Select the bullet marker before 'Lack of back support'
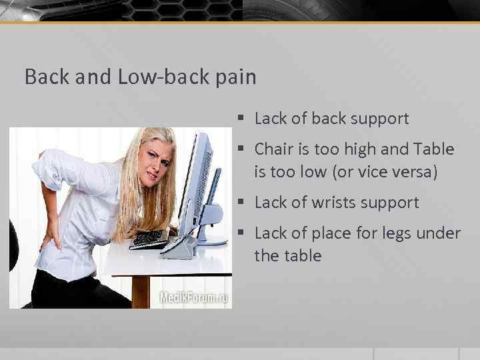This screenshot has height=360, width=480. (242, 119)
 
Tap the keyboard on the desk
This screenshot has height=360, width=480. (150, 239)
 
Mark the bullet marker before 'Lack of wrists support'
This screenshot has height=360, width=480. (242, 203)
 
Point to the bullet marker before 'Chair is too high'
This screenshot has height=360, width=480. (242, 149)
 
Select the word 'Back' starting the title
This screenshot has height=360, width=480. (46, 77)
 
